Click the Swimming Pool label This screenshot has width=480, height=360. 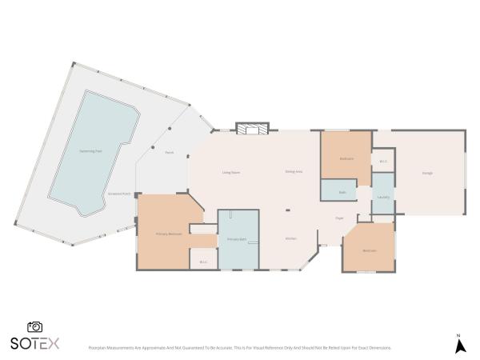90,151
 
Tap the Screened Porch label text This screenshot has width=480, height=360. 120,194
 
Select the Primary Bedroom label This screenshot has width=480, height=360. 168,234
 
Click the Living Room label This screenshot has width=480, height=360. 231,173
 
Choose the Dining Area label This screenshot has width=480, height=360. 294,172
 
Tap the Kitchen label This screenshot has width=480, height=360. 292,239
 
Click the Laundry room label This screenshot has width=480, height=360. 383,197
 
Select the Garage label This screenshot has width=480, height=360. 428,174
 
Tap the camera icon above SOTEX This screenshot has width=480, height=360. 35,326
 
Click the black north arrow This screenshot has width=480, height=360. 460,346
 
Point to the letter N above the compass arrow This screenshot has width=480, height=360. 459,334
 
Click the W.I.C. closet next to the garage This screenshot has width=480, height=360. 382,162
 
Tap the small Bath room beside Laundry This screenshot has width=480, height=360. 342,192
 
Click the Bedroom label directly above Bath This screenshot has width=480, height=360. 346,158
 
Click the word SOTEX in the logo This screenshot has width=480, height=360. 35,343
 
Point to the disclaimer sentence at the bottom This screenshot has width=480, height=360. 240,347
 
